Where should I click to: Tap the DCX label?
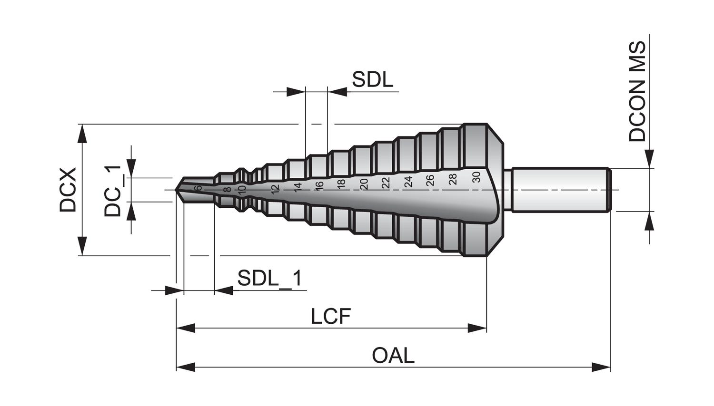point(68,190)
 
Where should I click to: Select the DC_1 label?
point(113,191)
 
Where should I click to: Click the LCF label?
point(331,316)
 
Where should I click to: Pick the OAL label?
point(393,356)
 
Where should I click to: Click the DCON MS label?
point(637,91)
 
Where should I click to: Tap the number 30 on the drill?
point(476,177)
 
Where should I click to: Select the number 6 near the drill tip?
point(198,188)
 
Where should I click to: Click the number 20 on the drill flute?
point(364,184)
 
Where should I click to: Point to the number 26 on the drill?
point(430,180)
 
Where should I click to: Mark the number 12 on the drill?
point(276,189)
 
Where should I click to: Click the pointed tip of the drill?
point(176,190)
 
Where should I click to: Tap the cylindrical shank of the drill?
point(560,190)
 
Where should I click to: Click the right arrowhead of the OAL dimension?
point(601,367)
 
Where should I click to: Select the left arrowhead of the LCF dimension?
point(186,328)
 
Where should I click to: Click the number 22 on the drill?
point(386,183)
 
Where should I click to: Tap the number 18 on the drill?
point(341,184)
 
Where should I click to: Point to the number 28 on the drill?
point(453,179)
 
